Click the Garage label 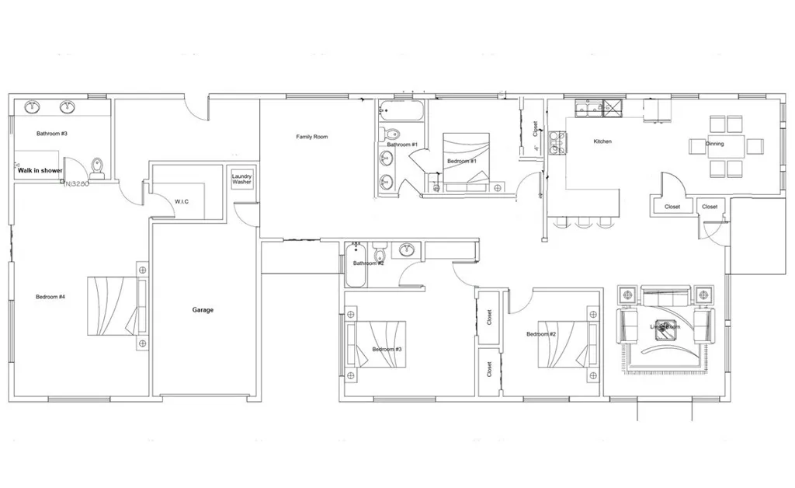[x=203, y=310]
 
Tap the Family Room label [x=312, y=137]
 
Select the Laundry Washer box [x=242, y=180]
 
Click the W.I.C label [x=182, y=201]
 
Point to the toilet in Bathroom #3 [x=97, y=167]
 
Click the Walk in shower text [x=40, y=170]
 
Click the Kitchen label [x=602, y=141]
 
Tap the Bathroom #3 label [x=52, y=134]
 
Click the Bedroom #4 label [x=50, y=296]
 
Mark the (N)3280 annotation [x=77, y=184]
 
